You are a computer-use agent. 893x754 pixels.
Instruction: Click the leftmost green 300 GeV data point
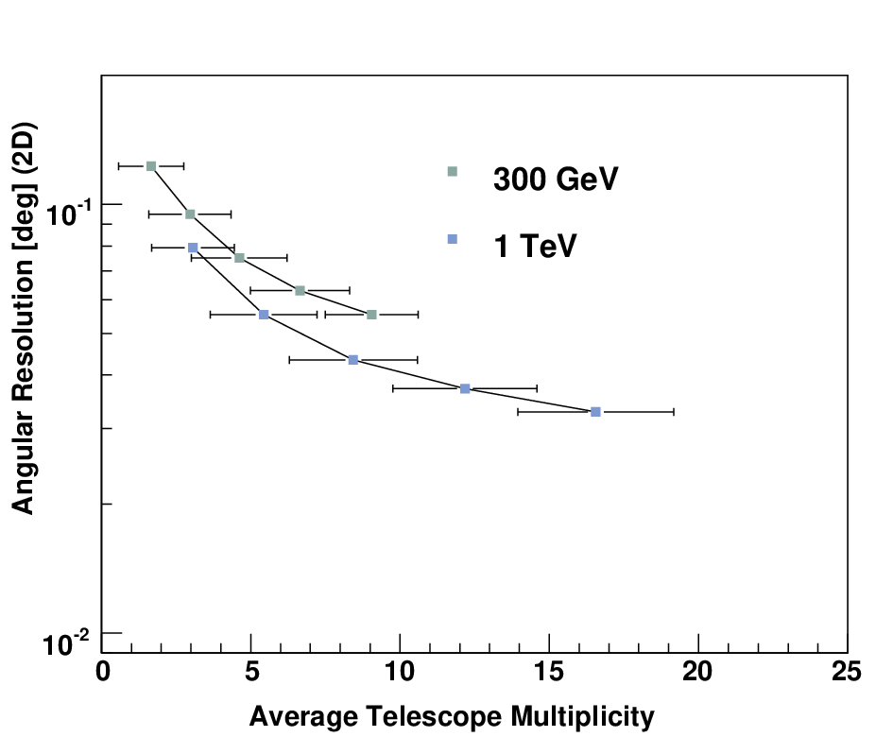click(151, 166)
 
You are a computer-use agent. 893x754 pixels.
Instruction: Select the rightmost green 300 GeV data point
click(372, 315)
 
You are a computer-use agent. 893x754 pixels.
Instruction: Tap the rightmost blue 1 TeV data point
click(595, 412)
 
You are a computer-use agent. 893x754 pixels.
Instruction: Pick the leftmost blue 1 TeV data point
click(193, 248)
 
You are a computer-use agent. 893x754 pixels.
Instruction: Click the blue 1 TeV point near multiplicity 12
click(465, 388)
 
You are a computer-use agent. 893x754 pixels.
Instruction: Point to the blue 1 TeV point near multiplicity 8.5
click(353, 360)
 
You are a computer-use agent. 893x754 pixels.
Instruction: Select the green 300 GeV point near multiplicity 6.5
click(301, 290)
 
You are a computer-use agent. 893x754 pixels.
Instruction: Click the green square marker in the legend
click(453, 171)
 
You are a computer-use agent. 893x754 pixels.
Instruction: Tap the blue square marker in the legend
click(453, 239)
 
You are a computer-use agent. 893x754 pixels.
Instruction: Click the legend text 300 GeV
click(556, 179)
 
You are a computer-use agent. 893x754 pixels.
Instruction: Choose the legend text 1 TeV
click(535, 246)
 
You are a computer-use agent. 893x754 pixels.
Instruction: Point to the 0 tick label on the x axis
click(102, 672)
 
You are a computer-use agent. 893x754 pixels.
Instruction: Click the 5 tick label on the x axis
click(251, 672)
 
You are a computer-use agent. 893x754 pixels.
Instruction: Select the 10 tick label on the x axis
click(400, 672)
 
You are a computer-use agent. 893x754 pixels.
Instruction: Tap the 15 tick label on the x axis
click(549, 672)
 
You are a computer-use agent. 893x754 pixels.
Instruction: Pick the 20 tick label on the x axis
click(697, 672)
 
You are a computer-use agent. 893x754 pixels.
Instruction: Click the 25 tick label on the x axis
click(847, 672)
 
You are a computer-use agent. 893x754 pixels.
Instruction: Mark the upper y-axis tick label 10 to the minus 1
click(68, 214)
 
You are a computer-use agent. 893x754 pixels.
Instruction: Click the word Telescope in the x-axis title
click(434, 716)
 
